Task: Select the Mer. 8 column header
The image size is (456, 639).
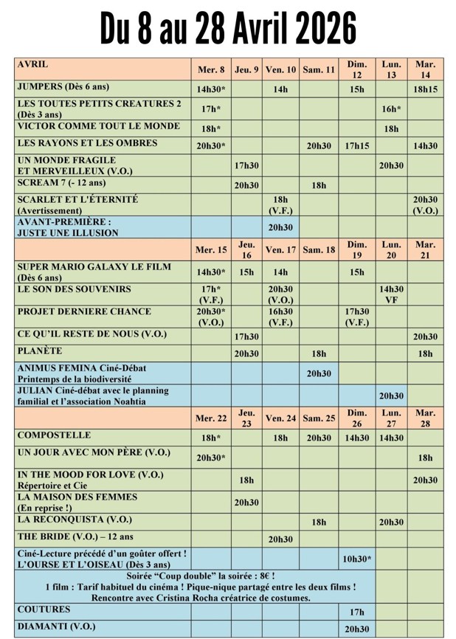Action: pyautogui.click(x=211, y=70)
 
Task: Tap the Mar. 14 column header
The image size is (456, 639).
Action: pyautogui.click(x=425, y=69)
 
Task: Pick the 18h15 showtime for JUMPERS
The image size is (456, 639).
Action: pyautogui.click(x=425, y=89)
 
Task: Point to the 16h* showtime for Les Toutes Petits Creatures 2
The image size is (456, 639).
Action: pyautogui.click(x=391, y=108)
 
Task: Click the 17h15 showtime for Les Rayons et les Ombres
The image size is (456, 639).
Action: pyautogui.click(x=357, y=146)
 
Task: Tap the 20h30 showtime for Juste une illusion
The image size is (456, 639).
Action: pyautogui.click(x=280, y=227)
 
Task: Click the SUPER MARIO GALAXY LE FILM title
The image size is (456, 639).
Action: pyautogui.click(x=94, y=266)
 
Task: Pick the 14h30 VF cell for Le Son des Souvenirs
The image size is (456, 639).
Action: pyautogui.click(x=391, y=294)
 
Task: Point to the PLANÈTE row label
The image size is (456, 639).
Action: pyautogui.click(x=40, y=351)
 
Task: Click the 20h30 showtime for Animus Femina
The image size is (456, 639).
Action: pyautogui.click(x=319, y=373)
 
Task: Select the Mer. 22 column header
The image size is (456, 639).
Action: pyautogui.click(x=211, y=418)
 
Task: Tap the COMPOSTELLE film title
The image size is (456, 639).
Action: pyautogui.click(x=54, y=435)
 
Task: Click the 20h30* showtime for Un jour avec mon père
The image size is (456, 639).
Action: pyautogui.click(x=211, y=457)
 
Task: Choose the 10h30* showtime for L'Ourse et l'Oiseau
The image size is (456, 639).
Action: pyautogui.click(x=357, y=559)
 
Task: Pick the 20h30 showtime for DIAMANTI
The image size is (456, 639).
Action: pyautogui.click(x=357, y=629)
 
